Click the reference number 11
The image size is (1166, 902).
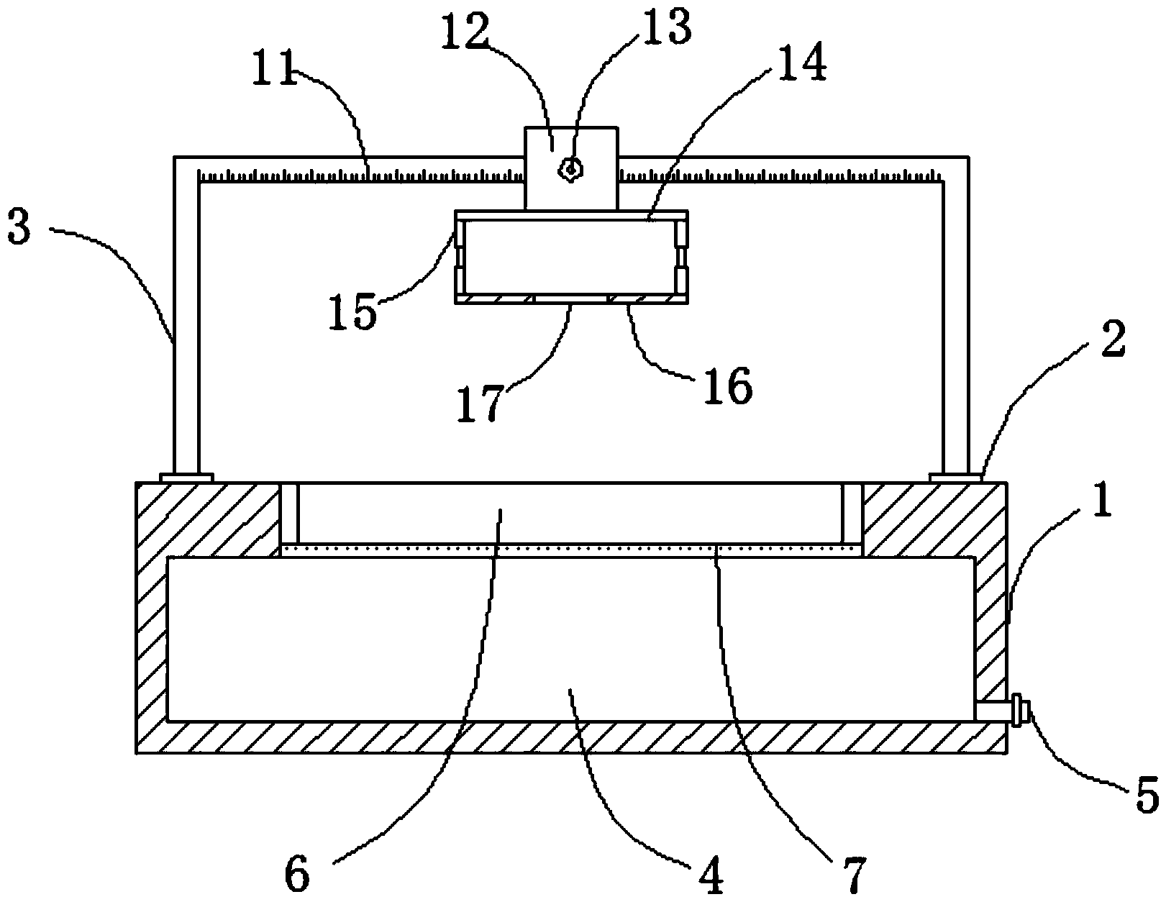(x=274, y=68)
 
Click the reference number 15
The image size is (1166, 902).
(x=352, y=311)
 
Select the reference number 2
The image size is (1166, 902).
(x=1113, y=339)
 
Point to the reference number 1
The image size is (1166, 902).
(x=1102, y=499)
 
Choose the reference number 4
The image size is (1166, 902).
(x=711, y=876)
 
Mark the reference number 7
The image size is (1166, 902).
(x=855, y=875)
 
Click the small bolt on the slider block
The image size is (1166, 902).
(x=570, y=170)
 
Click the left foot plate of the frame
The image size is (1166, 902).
(x=187, y=478)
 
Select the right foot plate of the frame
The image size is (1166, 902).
(x=956, y=478)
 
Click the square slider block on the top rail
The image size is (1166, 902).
(x=571, y=168)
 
